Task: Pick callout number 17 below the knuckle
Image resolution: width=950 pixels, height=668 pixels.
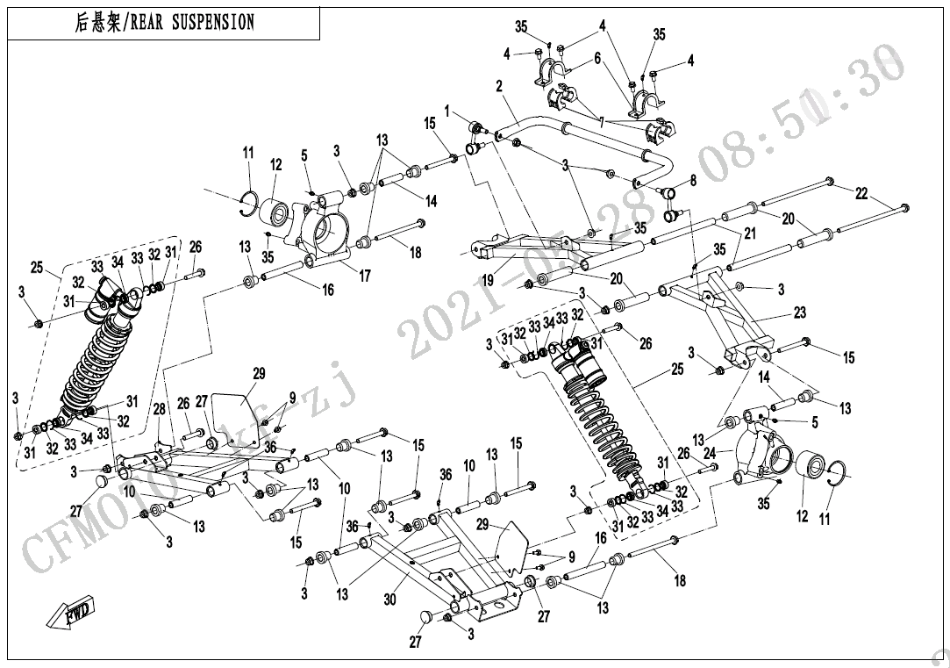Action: [x=365, y=276]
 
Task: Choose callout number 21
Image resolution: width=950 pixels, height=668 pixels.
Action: [x=750, y=233]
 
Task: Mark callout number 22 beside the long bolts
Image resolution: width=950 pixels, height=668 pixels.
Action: [x=861, y=194]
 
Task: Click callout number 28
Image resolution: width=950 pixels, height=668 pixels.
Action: [x=160, y=410]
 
